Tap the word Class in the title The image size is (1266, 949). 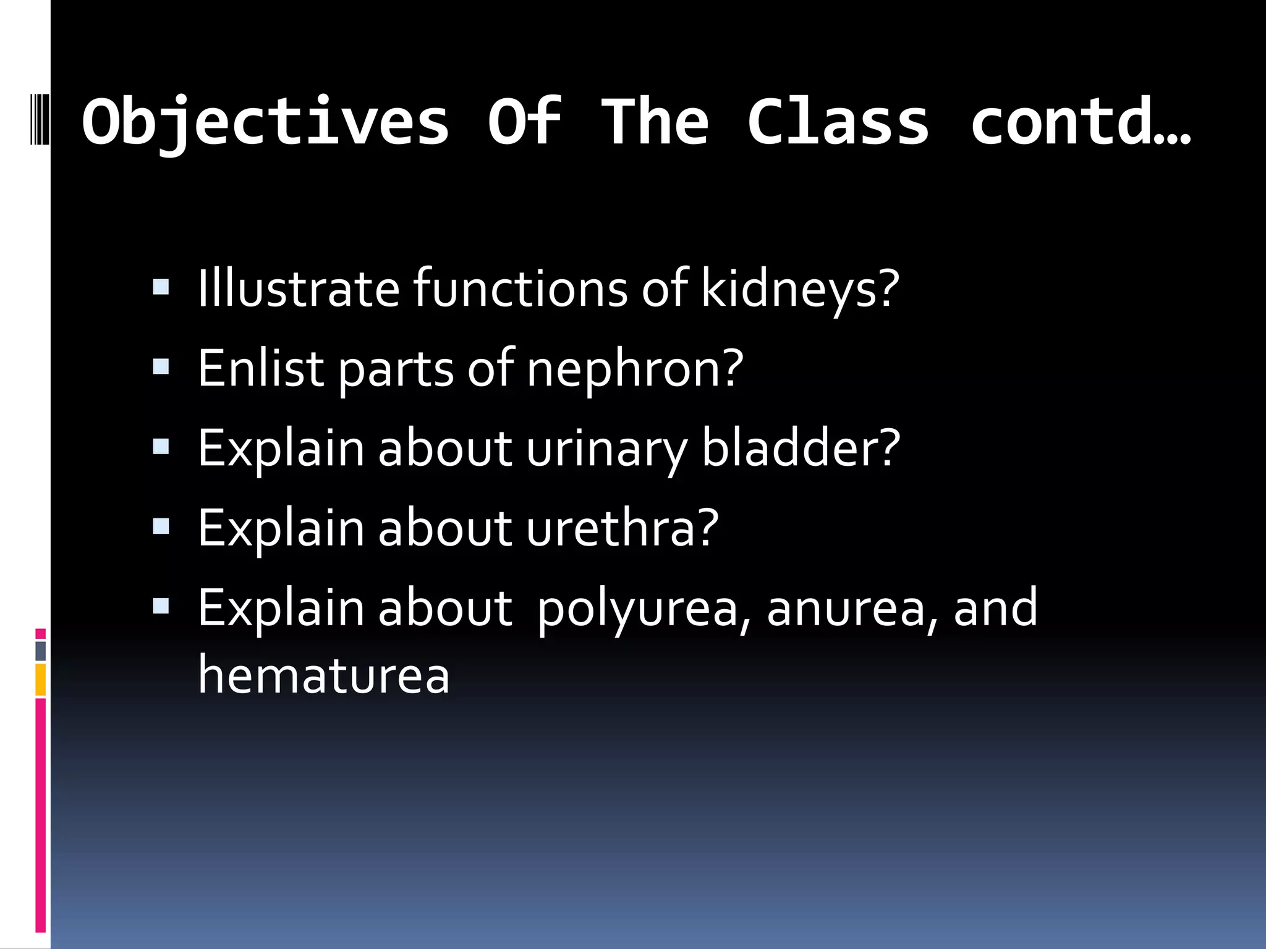coord(838,122)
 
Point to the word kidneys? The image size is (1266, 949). coord(800,289)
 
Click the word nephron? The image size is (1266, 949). coord(635,369)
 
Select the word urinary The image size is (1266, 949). coord(606,449)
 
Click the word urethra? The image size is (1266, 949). coord(622,528)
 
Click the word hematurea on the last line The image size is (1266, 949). coord(323,675)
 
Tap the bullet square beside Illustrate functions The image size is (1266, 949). coord(161,287)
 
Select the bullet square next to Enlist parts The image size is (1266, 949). coord(161,367)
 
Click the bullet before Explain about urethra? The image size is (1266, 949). coord(161,526)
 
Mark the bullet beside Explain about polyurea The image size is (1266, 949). coord(161,606)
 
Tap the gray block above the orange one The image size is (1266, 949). coord(41,651)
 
